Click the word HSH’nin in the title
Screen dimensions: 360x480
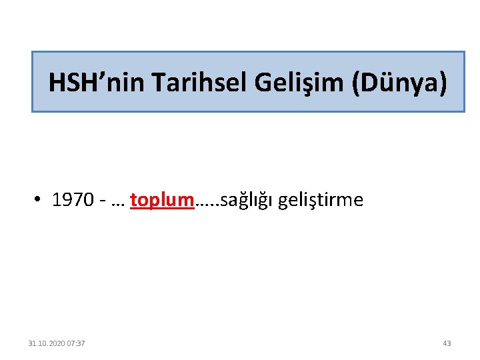(x=97, y=83)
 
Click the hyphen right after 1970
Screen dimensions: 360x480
(x=101, y=201)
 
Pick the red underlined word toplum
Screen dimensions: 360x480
(x=162, y=200)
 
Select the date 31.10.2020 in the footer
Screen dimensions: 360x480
(x=46, y=343)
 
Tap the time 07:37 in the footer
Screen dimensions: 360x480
(x=75, y=343)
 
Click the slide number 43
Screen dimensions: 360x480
(x=447, y=343)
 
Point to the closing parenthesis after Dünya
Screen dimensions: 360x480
(x=442, y=83)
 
